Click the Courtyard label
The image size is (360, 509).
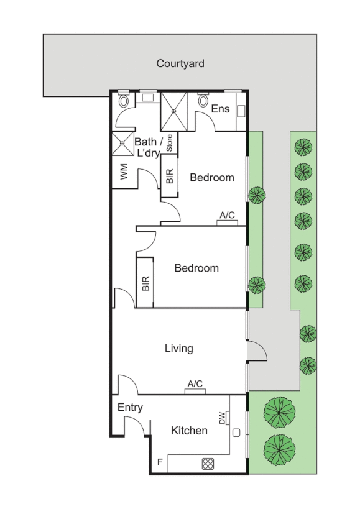180,63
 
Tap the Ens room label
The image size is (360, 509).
220,109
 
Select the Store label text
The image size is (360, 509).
169,144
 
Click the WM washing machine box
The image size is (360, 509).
124,173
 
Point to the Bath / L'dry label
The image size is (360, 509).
148,147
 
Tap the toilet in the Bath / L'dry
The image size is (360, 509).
124,99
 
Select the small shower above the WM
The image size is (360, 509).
122,143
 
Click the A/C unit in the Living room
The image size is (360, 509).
195,391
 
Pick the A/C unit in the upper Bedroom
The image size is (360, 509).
227,222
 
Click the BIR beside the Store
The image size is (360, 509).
170,177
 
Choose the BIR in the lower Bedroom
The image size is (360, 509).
145,284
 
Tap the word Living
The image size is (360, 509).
178,349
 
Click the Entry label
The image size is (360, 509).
130,408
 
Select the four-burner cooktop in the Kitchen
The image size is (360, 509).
208,463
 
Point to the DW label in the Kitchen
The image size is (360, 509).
223,419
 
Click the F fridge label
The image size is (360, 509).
160,463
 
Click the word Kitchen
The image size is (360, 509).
189,430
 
